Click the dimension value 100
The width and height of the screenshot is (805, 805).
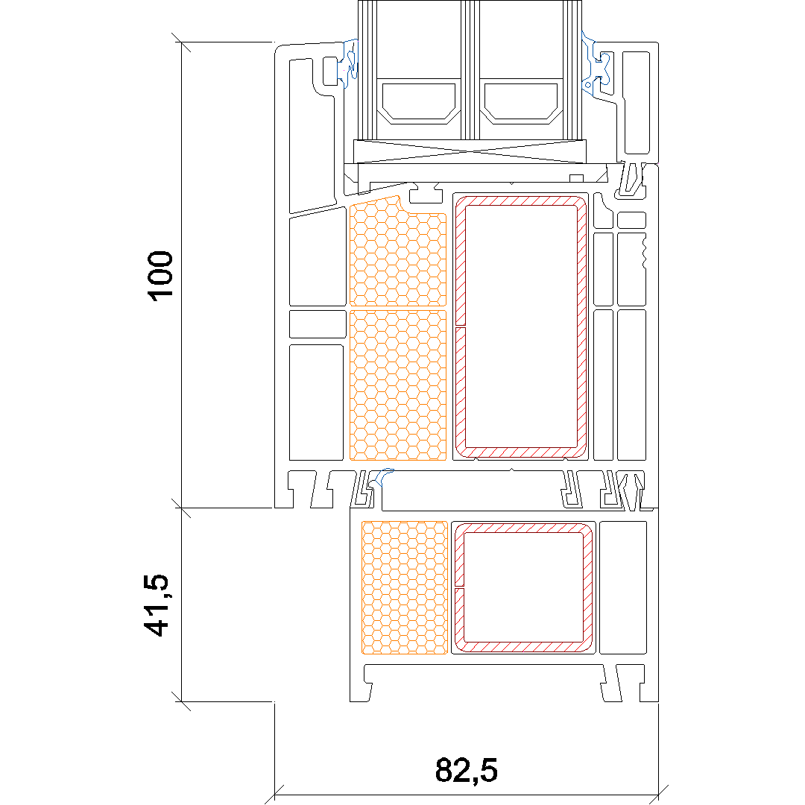click(x=161, y=276)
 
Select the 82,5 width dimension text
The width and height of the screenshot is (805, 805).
click(x=466, y=770)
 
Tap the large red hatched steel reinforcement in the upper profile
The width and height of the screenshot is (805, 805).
click(x=520, y=326)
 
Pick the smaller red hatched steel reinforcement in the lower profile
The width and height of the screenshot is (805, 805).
click(x=523, y=588)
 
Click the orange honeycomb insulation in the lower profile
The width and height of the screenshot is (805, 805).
click(x=405, y=587)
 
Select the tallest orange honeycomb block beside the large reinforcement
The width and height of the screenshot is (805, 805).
click(x=398, y=385)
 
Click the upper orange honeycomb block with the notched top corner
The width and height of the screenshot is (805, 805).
click(x=397, y=252)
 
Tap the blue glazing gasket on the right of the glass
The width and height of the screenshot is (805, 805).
click(x=595, y=64)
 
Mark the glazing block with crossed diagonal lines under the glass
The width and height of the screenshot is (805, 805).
click(x=470, y=151)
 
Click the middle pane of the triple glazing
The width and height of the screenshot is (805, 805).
click(x=470, y=70)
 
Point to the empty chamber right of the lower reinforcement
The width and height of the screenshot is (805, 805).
click(x=622, y=588)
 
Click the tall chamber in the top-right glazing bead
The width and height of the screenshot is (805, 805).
click(x=636, y=102)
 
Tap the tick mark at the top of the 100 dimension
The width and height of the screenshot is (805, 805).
click(x=181, y=42)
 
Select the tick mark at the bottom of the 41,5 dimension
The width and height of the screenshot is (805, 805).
click(x=181, y=701)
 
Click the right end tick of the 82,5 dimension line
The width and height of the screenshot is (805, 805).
click(x=659, y=795)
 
